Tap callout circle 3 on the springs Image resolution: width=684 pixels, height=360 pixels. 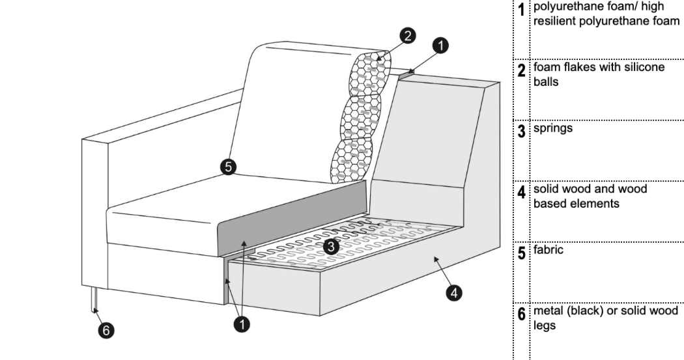tap(331, 246)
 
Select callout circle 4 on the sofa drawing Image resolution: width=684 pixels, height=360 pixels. tap(453, 293)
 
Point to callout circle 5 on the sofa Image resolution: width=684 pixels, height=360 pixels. tap(227, 167)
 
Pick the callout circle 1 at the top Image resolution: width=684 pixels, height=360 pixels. tap(440, 46)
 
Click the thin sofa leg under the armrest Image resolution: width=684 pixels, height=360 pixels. tap(95, 299)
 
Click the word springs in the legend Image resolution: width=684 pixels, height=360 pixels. tap(553, 128)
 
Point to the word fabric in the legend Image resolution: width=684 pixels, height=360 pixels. tap(549, 249)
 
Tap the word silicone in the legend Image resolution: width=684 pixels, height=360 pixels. tap(646, 67)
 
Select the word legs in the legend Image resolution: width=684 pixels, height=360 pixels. tap(545, 324)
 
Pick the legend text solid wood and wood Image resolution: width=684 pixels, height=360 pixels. tap(590, 189)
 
